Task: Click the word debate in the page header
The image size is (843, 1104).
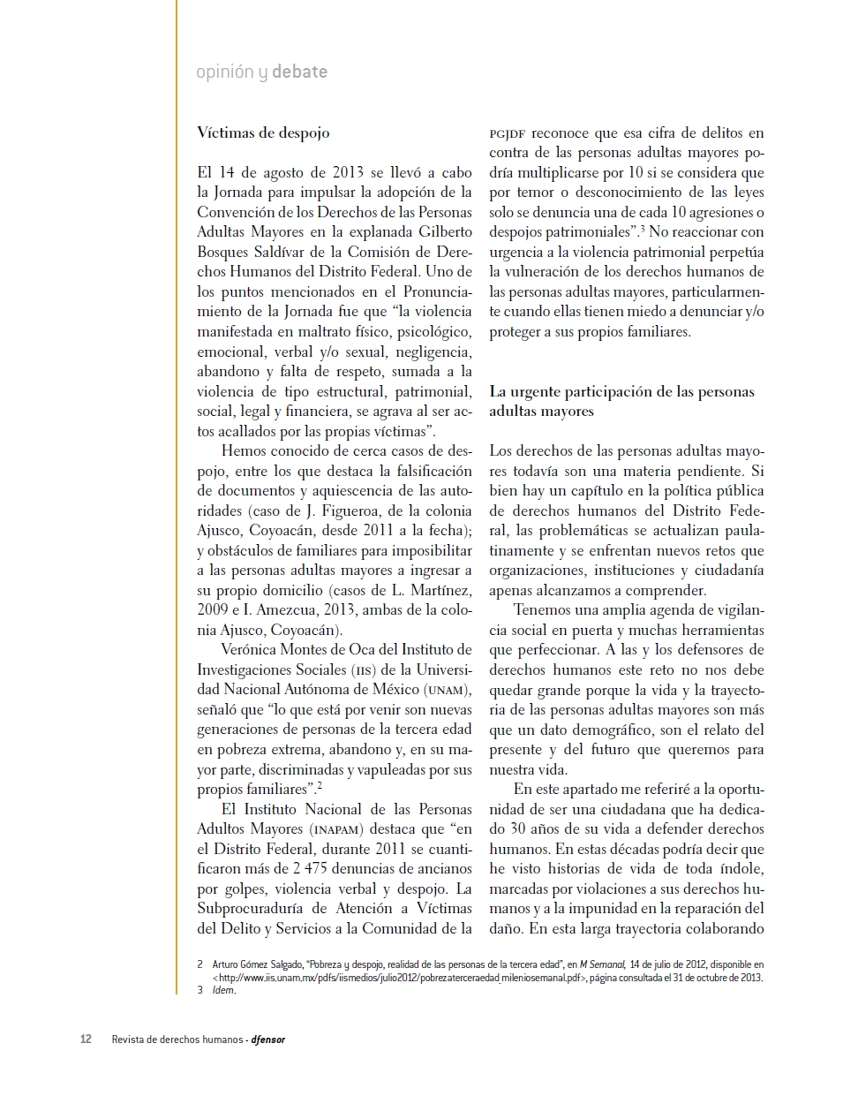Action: pyautogui.click(x=299, y=72)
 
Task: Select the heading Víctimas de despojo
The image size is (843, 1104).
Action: pyautogui.click(x=263, y=132)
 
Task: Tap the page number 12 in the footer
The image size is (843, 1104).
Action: pyautogui.click(x=86, y=1039)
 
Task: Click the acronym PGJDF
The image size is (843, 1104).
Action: pyautogui.click(x=508, y=133)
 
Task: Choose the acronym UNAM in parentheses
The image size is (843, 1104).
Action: pyautogui.click(x=448, y=690)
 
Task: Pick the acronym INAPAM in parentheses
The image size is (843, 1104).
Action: pyautogui.click(x=333, y=829)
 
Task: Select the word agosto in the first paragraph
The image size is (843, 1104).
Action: pyautogui.click(x=288, y=172)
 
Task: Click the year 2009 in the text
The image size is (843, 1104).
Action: pyautogui.click(x=213, y=610)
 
